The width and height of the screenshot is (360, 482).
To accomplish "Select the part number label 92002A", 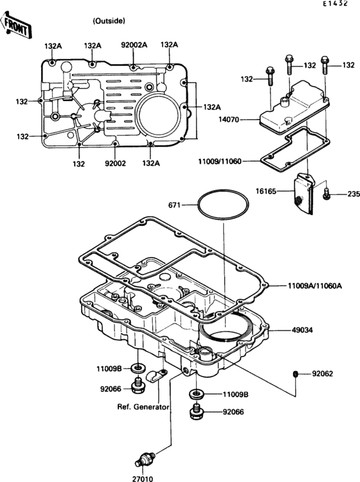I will coord(134,45).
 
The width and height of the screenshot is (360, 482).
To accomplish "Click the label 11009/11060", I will coord(220,161).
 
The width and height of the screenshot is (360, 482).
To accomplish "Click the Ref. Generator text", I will coord(143,407).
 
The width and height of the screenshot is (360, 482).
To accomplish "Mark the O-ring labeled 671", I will coord(223,206).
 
